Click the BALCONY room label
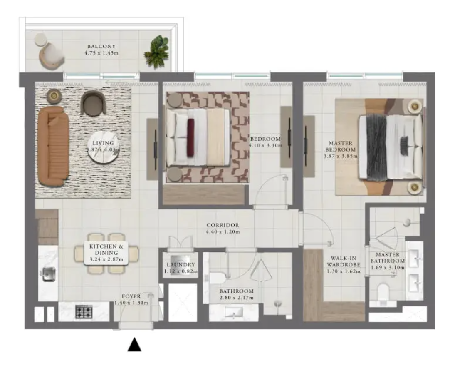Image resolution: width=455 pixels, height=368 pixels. pos(101,47)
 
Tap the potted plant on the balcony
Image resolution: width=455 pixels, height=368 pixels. pos(156,52)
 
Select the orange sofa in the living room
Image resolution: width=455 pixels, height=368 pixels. pos(53,146)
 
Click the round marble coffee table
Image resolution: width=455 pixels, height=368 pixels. pos(104,147)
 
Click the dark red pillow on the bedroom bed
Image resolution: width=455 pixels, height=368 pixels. pos(190,138)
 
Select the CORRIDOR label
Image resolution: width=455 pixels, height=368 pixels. pos(223,225)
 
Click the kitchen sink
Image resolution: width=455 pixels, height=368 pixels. pos(49,274)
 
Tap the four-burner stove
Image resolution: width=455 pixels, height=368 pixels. pos(84,312)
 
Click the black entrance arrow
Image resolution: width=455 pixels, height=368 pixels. pos(134,344)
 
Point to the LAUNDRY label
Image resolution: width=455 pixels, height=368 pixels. pos(181,265)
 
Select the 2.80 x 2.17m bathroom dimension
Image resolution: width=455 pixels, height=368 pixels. pos(237,298)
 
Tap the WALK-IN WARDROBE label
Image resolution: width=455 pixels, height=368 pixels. pos(344,261)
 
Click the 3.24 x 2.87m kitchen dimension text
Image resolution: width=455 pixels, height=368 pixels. pos(106,259)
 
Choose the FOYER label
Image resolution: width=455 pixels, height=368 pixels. pos(131,296)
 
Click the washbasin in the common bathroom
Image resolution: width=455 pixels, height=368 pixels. pos(234,313)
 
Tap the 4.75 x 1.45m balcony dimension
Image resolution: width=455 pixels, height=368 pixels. pos(101,53)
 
